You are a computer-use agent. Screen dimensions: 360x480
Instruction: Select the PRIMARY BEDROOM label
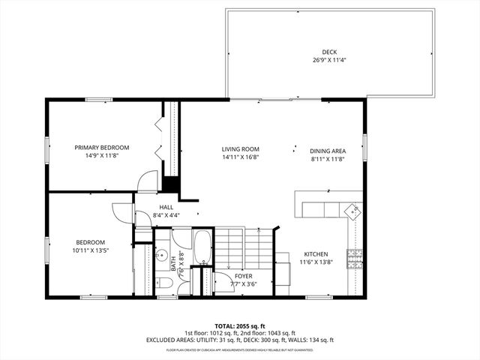pos(102,147)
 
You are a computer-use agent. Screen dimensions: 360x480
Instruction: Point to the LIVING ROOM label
pos(240,148)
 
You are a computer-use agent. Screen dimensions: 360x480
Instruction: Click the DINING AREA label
pos(328,151)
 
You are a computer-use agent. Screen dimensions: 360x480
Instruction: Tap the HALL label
pos(166,208)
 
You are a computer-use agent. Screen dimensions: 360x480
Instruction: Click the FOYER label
pos(243,276)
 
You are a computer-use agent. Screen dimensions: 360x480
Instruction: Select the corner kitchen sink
pos(351,212)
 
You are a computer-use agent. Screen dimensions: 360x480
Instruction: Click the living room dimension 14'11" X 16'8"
pos(240,157)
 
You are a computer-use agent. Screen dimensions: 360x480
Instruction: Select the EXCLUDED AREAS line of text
pos(239,340)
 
